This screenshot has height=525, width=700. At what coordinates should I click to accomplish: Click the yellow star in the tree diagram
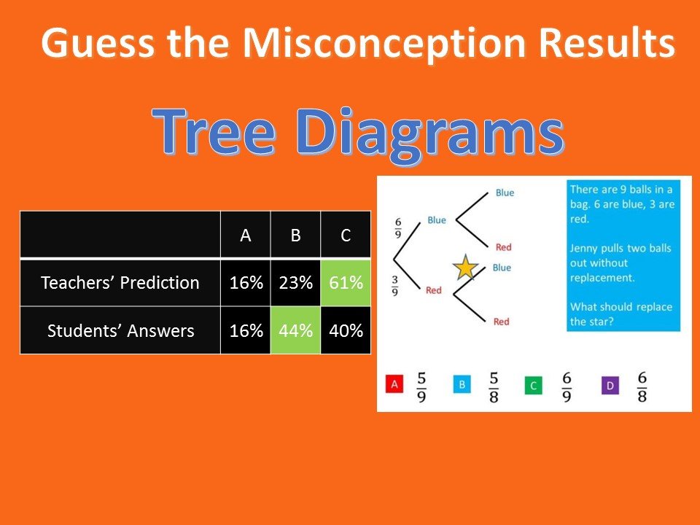465,268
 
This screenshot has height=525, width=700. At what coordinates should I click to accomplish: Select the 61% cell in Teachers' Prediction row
346,283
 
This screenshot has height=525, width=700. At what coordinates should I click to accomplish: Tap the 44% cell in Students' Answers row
295,330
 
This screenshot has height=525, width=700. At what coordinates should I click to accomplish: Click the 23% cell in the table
295,283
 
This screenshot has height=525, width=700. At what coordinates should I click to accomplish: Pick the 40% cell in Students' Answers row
346,330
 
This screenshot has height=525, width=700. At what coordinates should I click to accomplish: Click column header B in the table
295,235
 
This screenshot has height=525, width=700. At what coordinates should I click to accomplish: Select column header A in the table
246,235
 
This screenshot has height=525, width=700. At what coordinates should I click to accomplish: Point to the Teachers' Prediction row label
120,283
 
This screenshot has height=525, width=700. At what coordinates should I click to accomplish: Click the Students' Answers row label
120,330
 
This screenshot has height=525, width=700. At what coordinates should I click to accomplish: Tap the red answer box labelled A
394,384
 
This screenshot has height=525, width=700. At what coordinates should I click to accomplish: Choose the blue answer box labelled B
462,384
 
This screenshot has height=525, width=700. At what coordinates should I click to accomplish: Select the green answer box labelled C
534,386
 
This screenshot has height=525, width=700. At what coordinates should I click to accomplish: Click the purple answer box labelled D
610,386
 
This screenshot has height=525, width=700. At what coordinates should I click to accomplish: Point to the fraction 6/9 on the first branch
398,228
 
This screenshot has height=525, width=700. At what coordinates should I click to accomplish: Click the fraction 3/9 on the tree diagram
395,286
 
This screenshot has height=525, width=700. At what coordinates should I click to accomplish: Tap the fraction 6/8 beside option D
642,386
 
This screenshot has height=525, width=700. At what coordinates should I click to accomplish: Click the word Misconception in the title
385,44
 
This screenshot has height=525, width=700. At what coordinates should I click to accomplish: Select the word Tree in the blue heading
214,131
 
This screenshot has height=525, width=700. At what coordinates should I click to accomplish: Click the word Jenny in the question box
584,248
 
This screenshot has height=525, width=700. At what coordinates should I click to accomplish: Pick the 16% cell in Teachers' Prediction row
246,283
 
